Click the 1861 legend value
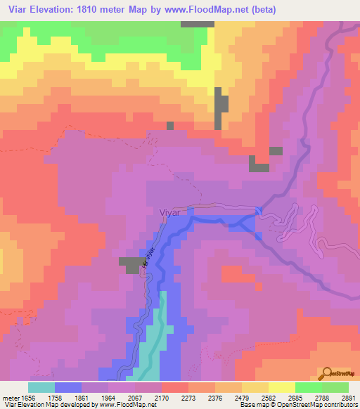point(82,396)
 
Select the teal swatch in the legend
point(41,387)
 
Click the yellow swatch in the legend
point(282,387)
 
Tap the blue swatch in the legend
point(68,387)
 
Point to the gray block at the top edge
point(197,24)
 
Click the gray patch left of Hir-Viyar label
point(129,265)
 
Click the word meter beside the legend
point(10,396)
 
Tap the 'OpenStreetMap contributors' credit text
point(316,405)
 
